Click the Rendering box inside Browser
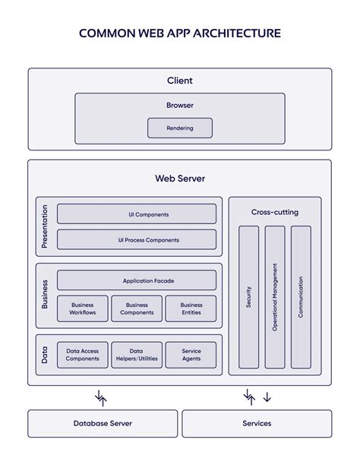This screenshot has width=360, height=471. (x=180, y=128)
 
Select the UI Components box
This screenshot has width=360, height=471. (x=137, y=214)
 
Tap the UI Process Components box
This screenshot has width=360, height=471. (x=137, y=239)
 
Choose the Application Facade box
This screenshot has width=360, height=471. (x=137, y=280)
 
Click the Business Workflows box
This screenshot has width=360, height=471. (x=83, y=308)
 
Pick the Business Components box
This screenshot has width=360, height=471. (x=137, y=308)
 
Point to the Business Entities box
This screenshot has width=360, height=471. (x=191, y=308)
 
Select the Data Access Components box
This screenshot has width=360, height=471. (x=83, y=355)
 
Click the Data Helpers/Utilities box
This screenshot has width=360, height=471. (x=137, y=355)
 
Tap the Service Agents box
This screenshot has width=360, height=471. (x=191, y=355)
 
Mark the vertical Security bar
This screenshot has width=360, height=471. (x=248, y=297)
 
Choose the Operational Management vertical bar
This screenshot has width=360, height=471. (x=275, y=297)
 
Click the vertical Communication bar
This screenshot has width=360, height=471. (x=301, y=297)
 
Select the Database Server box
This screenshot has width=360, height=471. (x=103, y=424)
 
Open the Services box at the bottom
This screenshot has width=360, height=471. (x=257, y=424)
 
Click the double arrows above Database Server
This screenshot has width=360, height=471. (x=101, y=398)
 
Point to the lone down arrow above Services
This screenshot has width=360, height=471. (x=267, y=397)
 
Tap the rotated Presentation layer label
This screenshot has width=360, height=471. (x=45, y=226)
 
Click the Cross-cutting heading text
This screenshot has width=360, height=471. (x=275, y=212)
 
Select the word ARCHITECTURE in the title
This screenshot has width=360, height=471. (x=237, y=33)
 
